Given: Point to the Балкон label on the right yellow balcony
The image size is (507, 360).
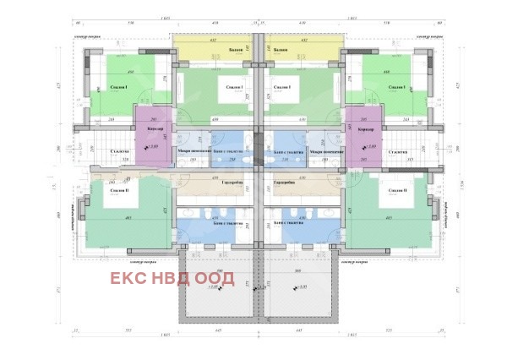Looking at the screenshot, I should (x=281, y=50).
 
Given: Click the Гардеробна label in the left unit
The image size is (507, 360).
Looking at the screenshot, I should (x=233, y=182).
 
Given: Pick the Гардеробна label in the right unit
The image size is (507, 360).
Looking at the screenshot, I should (x=285, y=182).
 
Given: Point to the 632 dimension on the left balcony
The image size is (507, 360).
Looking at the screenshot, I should (x=214, y=39).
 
